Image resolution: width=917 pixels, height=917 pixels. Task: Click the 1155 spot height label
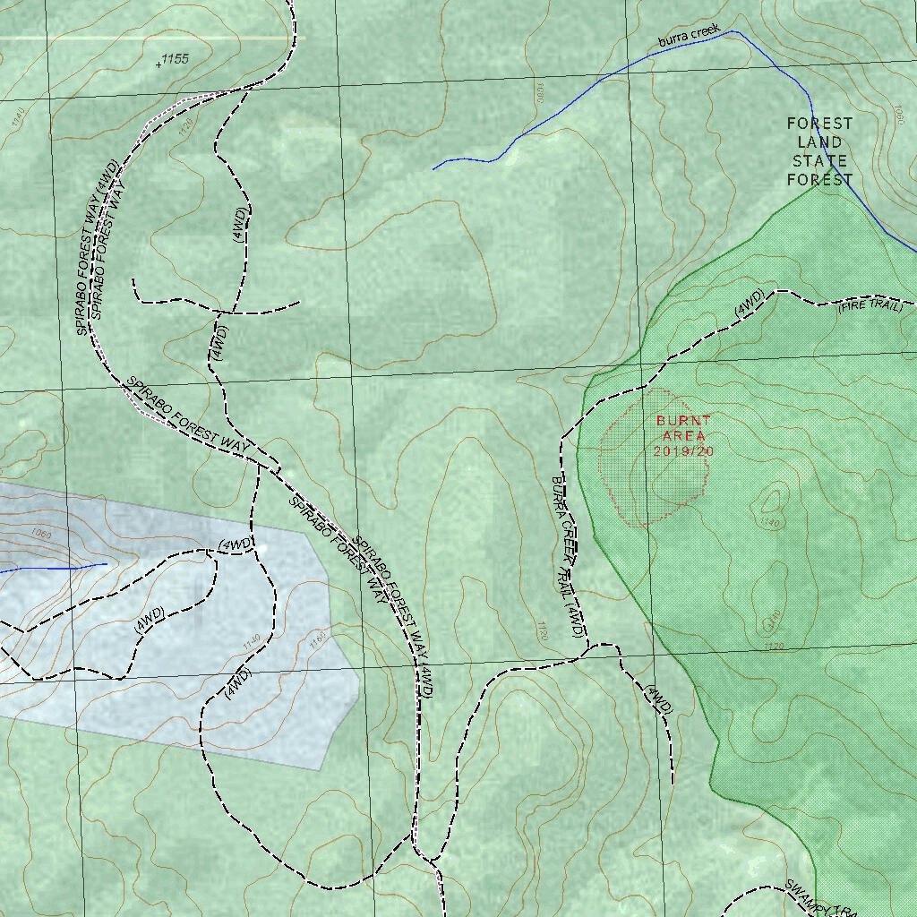click(176, 59)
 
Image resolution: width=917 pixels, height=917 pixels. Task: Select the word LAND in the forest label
click(819, 141)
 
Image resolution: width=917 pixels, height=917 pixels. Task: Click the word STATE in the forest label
click(819, 161)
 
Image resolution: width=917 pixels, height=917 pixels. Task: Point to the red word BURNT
click(683, 420)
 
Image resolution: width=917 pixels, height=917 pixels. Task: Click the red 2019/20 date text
click(683, 451)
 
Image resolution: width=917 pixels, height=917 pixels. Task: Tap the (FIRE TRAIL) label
click(870, 306)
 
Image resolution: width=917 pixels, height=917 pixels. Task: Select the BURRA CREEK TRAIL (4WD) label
click(568, 554)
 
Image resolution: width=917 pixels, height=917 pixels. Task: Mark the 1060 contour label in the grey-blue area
click(40, 535)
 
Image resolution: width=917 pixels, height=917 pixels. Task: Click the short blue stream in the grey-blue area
click(54, 568)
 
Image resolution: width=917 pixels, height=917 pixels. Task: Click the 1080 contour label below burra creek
click(539, 93)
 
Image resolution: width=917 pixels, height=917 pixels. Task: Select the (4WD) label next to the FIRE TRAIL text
click(749, 303)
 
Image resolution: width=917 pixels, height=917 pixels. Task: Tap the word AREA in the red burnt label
click(683, 435)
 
